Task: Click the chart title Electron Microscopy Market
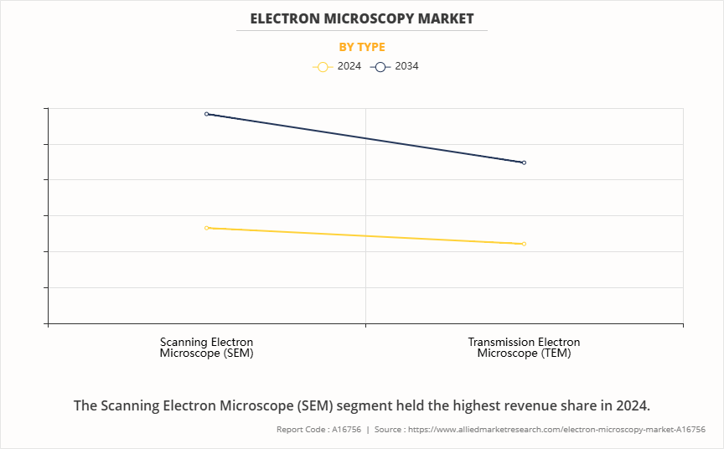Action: click(362, 18)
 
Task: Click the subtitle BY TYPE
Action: click(362, 47)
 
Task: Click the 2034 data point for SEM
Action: click(207, 114)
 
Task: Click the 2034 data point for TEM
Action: click(524, 163)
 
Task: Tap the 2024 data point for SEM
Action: click(207, 228)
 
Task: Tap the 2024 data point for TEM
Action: click(524, 244)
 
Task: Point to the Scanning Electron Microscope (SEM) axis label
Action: click(206, 348)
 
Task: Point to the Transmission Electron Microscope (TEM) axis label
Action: click(524, 348)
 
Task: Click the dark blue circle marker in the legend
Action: click(380, 67)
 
